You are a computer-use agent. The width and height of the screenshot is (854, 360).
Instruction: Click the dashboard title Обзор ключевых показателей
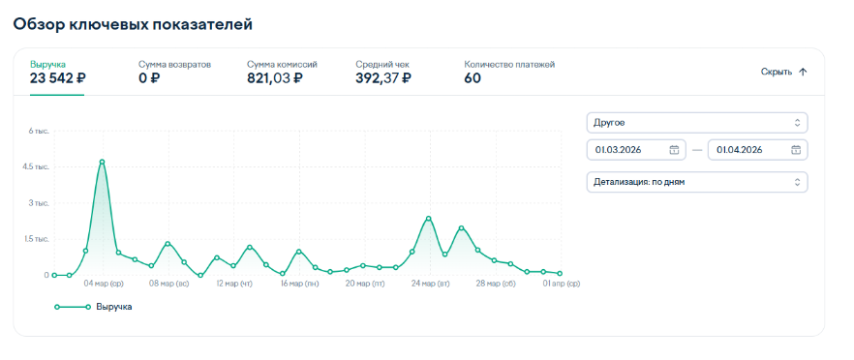[x=133, y=24]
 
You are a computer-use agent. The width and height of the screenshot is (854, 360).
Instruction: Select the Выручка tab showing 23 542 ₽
[x=58, y=73]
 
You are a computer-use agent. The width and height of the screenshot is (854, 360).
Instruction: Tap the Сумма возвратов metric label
[x=174, y=65]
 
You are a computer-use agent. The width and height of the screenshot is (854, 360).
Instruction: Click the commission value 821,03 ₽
[x=274, y=78]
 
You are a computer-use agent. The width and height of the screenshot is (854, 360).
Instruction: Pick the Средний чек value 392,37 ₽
[x=383, y=78]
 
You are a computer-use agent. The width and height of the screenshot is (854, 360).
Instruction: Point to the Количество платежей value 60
[x=473, y=78]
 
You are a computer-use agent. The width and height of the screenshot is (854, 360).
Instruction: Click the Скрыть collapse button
[x=783, y=72]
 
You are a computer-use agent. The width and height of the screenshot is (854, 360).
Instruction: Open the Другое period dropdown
[x=696, y=123]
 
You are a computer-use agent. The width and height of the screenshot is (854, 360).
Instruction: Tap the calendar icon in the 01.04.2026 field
[x=796, y=150]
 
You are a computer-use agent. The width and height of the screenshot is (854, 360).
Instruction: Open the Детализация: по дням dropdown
[x=696, y=182]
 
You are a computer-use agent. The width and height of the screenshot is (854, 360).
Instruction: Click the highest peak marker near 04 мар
[x=102, y=162]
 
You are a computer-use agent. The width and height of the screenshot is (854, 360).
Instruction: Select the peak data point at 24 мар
[x=429, y=219]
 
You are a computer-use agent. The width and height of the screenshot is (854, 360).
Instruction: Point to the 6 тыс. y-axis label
[x=39, y=132]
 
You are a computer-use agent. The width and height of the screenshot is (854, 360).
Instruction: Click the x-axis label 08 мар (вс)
[x=168, y=284]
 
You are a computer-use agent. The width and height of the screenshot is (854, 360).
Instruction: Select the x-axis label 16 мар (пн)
[x=299, y=284]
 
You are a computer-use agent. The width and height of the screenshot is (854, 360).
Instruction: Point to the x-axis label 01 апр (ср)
[x=560, y=284]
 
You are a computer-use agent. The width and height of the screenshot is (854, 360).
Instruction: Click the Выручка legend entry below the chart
[x=93, y=307]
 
